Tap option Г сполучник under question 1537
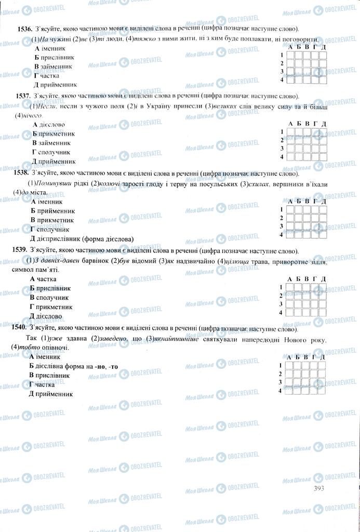coord(51,152)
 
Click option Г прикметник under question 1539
coord(51,307)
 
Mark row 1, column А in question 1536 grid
coord(291,55)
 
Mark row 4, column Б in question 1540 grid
coord(299,391)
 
